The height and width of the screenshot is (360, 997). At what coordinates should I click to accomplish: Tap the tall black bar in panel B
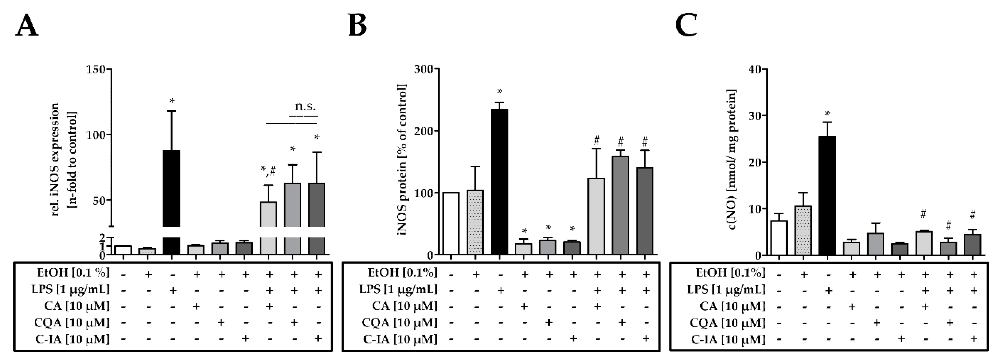click(x=499, y=182)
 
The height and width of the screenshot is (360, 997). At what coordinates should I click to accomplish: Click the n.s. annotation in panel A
click(x=305, y=106)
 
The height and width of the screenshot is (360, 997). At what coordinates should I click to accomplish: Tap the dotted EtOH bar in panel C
click(x=803, y=230)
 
